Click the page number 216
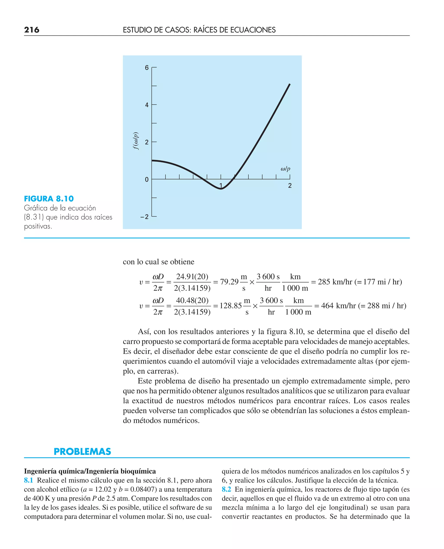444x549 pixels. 32,30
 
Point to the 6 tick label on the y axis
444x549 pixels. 147,68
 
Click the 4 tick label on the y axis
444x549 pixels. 147,105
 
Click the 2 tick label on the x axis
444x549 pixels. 290,186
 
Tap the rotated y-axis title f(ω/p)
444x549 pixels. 136,141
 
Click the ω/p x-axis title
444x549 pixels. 286,169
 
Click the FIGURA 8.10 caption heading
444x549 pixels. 49,199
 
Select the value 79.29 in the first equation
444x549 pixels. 229,282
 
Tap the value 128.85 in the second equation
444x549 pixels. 231,306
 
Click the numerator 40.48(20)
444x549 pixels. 192,300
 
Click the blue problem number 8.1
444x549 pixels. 29,480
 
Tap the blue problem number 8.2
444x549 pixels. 226,489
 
